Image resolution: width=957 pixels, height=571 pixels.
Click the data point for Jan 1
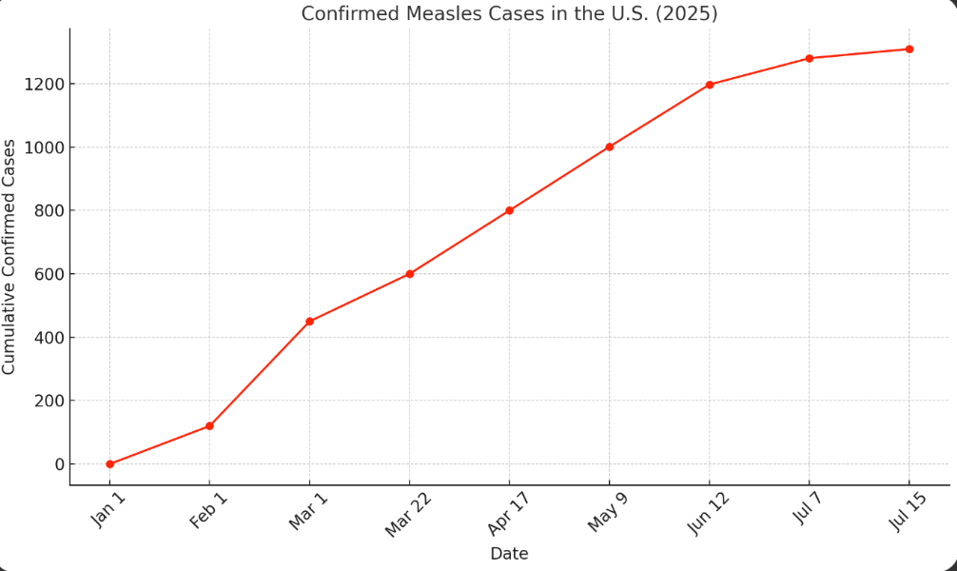coord(109,464)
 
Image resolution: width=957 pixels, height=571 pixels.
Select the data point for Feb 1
coord(209,426)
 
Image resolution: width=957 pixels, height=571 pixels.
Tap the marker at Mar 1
coord(309,322)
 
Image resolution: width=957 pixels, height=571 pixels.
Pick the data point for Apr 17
coord(509,210)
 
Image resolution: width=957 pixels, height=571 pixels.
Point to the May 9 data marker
coord(609,147)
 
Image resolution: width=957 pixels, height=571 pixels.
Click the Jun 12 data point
coord(710,85)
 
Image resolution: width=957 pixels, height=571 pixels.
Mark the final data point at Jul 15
coord(909,49)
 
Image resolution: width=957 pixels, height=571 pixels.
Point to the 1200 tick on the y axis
coord(44,84)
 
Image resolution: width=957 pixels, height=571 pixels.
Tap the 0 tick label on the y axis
coord(59,464)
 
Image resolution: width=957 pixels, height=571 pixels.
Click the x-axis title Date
coord(509,554)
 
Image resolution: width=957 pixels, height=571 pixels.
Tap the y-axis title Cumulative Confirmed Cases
coord(10,257)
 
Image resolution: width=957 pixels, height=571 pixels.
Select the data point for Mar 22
coord(409,274)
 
